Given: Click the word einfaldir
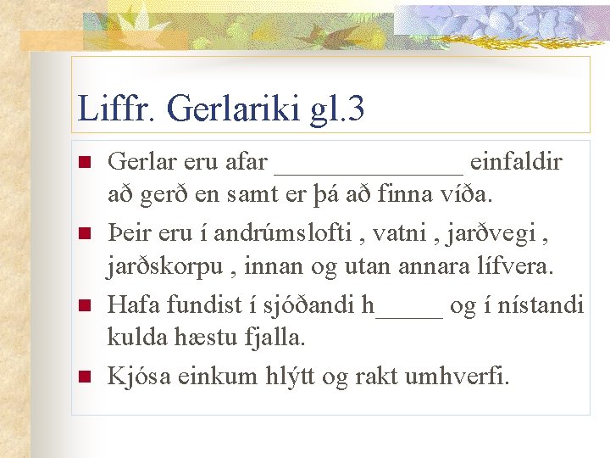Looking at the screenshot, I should tap(516, 161).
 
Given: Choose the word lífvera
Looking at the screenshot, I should tap(517, 267).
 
